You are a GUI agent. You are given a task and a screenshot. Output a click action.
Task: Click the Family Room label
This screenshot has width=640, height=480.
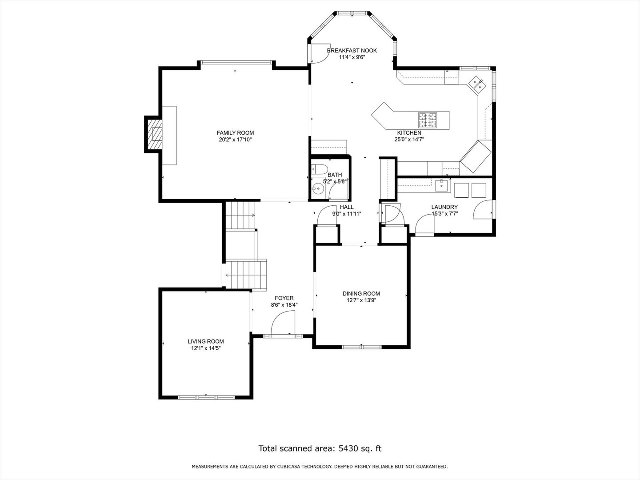pos(235,133)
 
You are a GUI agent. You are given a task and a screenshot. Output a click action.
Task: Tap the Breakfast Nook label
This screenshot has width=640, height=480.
pos(352,51)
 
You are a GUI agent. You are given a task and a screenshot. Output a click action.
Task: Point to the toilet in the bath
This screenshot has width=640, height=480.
pos(319,169)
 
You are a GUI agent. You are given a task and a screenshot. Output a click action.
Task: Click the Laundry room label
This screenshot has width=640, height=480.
pos(444,207)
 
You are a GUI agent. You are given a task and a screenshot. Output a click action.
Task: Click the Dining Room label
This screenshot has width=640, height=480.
pos(361,293)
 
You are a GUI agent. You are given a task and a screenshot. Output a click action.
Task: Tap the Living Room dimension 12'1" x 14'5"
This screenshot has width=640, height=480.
pos(206,348)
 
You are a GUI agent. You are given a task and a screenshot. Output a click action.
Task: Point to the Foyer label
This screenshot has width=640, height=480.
pos(284,298)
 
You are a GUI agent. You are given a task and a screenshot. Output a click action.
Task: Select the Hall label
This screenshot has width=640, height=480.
pos(347,207)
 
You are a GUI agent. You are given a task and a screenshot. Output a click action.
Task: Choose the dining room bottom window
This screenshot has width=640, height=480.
pos(361,347)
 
